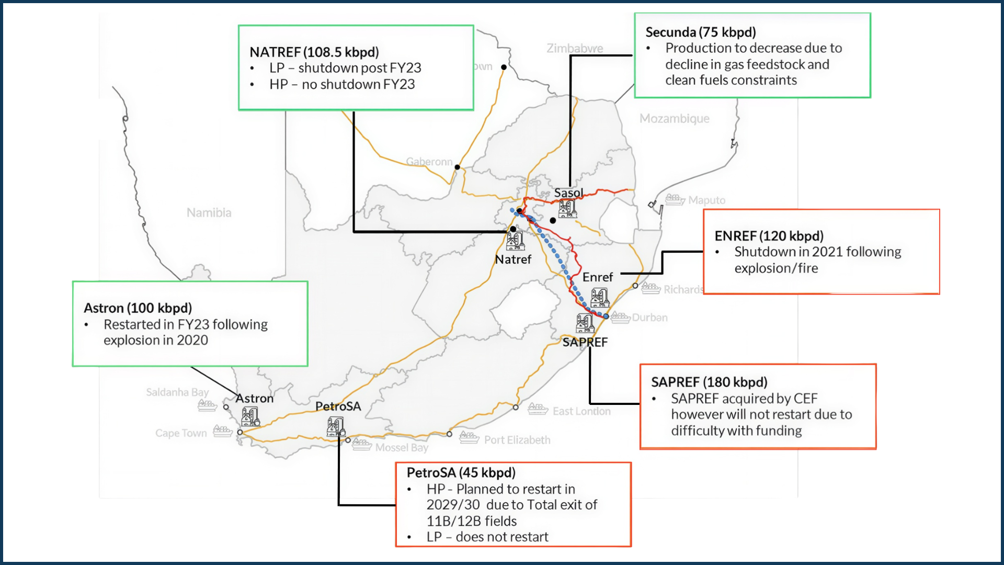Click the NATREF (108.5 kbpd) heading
[x=314, y=52]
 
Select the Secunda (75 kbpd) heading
[x=701, y=32]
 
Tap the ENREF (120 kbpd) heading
[x=769, y=236]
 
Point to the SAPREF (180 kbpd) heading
[x=709, y=382]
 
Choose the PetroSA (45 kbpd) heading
[x=461, y=473]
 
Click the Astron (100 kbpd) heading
[x=138, y=308]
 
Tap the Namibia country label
[x=209, y=213]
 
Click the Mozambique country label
[x=674, y=119]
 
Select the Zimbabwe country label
[x=575, y=49]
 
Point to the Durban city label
[x=649, y=318]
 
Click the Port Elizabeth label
[x=517, y=440]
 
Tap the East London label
[x=581, y=412]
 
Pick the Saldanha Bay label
[x=177, y=392]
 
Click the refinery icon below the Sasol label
[x=567, y=209]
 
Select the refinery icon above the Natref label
[x=515, y=241]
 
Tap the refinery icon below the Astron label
[x=250, y=417]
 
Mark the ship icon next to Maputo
[x=675, y=199]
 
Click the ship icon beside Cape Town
[x=222, y=432]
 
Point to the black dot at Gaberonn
[x=457, y=167]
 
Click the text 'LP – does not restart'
[x=487, y=537]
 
